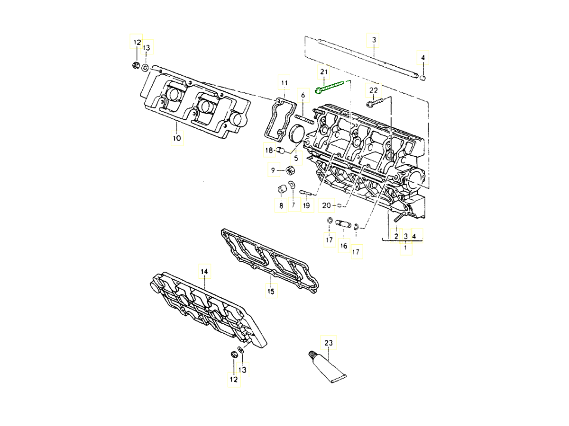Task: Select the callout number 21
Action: click(x=324, y=72)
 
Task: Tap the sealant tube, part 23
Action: click(x=329, y=368)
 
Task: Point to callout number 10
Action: click(x=176, y=139)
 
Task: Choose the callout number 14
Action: click(x=204, y=271)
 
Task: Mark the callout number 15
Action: click(x=271, y=291)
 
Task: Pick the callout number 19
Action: click(x=306, y=205)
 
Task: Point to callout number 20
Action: click(x=326, y=205)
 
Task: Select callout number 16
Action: click(x=343, y=246)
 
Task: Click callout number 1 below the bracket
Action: click(x=405, y=248)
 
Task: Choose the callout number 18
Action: click(x=269, y=151)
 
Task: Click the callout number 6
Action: click(x=303, y=95)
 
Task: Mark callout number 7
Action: click(x=293, y=205)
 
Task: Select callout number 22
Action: click(x=374, y=90)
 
